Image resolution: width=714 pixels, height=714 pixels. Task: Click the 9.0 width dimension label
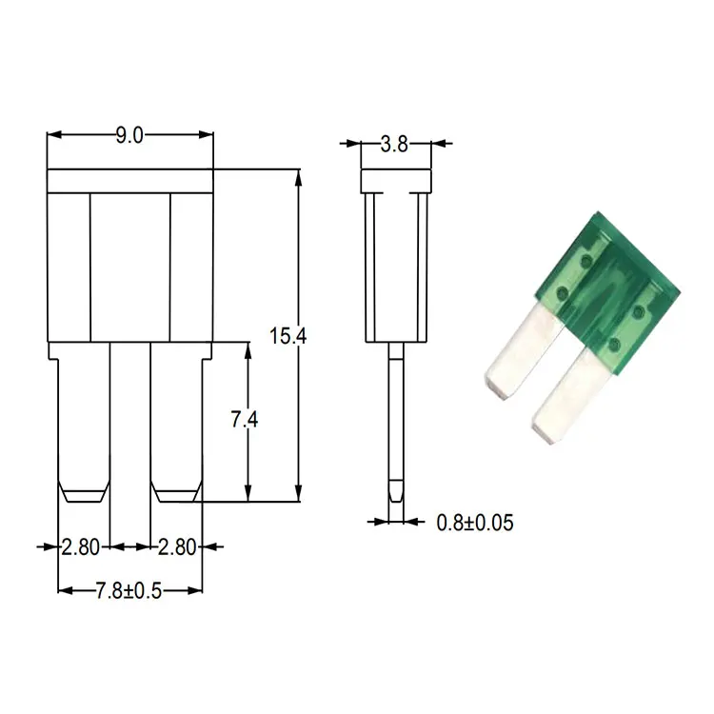pos(129,136)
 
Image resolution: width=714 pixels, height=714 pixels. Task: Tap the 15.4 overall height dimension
pos(288,336)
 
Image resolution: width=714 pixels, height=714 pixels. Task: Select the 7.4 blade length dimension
pos(245,420)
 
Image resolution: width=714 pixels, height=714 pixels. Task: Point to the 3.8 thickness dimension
pos(394,145)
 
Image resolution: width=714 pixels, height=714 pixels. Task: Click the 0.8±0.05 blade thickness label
pos(475,523)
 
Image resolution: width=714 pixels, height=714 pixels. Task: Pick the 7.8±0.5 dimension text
pos(129,591)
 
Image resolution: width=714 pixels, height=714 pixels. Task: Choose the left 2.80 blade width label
pos(81,546)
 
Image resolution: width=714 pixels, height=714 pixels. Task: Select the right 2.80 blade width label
pos(177,546)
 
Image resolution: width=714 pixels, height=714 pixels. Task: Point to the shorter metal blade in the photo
pos(524,351)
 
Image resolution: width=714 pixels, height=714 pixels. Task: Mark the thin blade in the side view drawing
pos(396,422)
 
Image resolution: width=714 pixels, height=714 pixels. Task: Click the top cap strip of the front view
pos(130,181)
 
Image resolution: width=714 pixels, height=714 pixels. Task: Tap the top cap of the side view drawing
pos(396,181)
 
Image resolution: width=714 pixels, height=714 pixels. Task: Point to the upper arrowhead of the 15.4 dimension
pos(298,177)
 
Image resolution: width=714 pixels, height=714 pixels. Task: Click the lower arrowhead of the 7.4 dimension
pos(248,493)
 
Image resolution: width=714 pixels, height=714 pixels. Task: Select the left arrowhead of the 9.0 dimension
pos(54,135)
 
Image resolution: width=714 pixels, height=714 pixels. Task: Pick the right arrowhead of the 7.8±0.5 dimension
pos(194,590)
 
